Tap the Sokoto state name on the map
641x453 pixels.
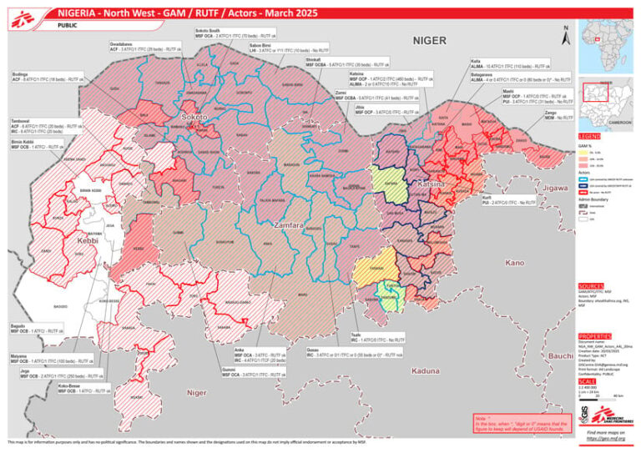pyautogui.click(x=195, y=119)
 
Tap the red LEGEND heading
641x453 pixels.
pyautogui.click(x=589, y=135)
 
